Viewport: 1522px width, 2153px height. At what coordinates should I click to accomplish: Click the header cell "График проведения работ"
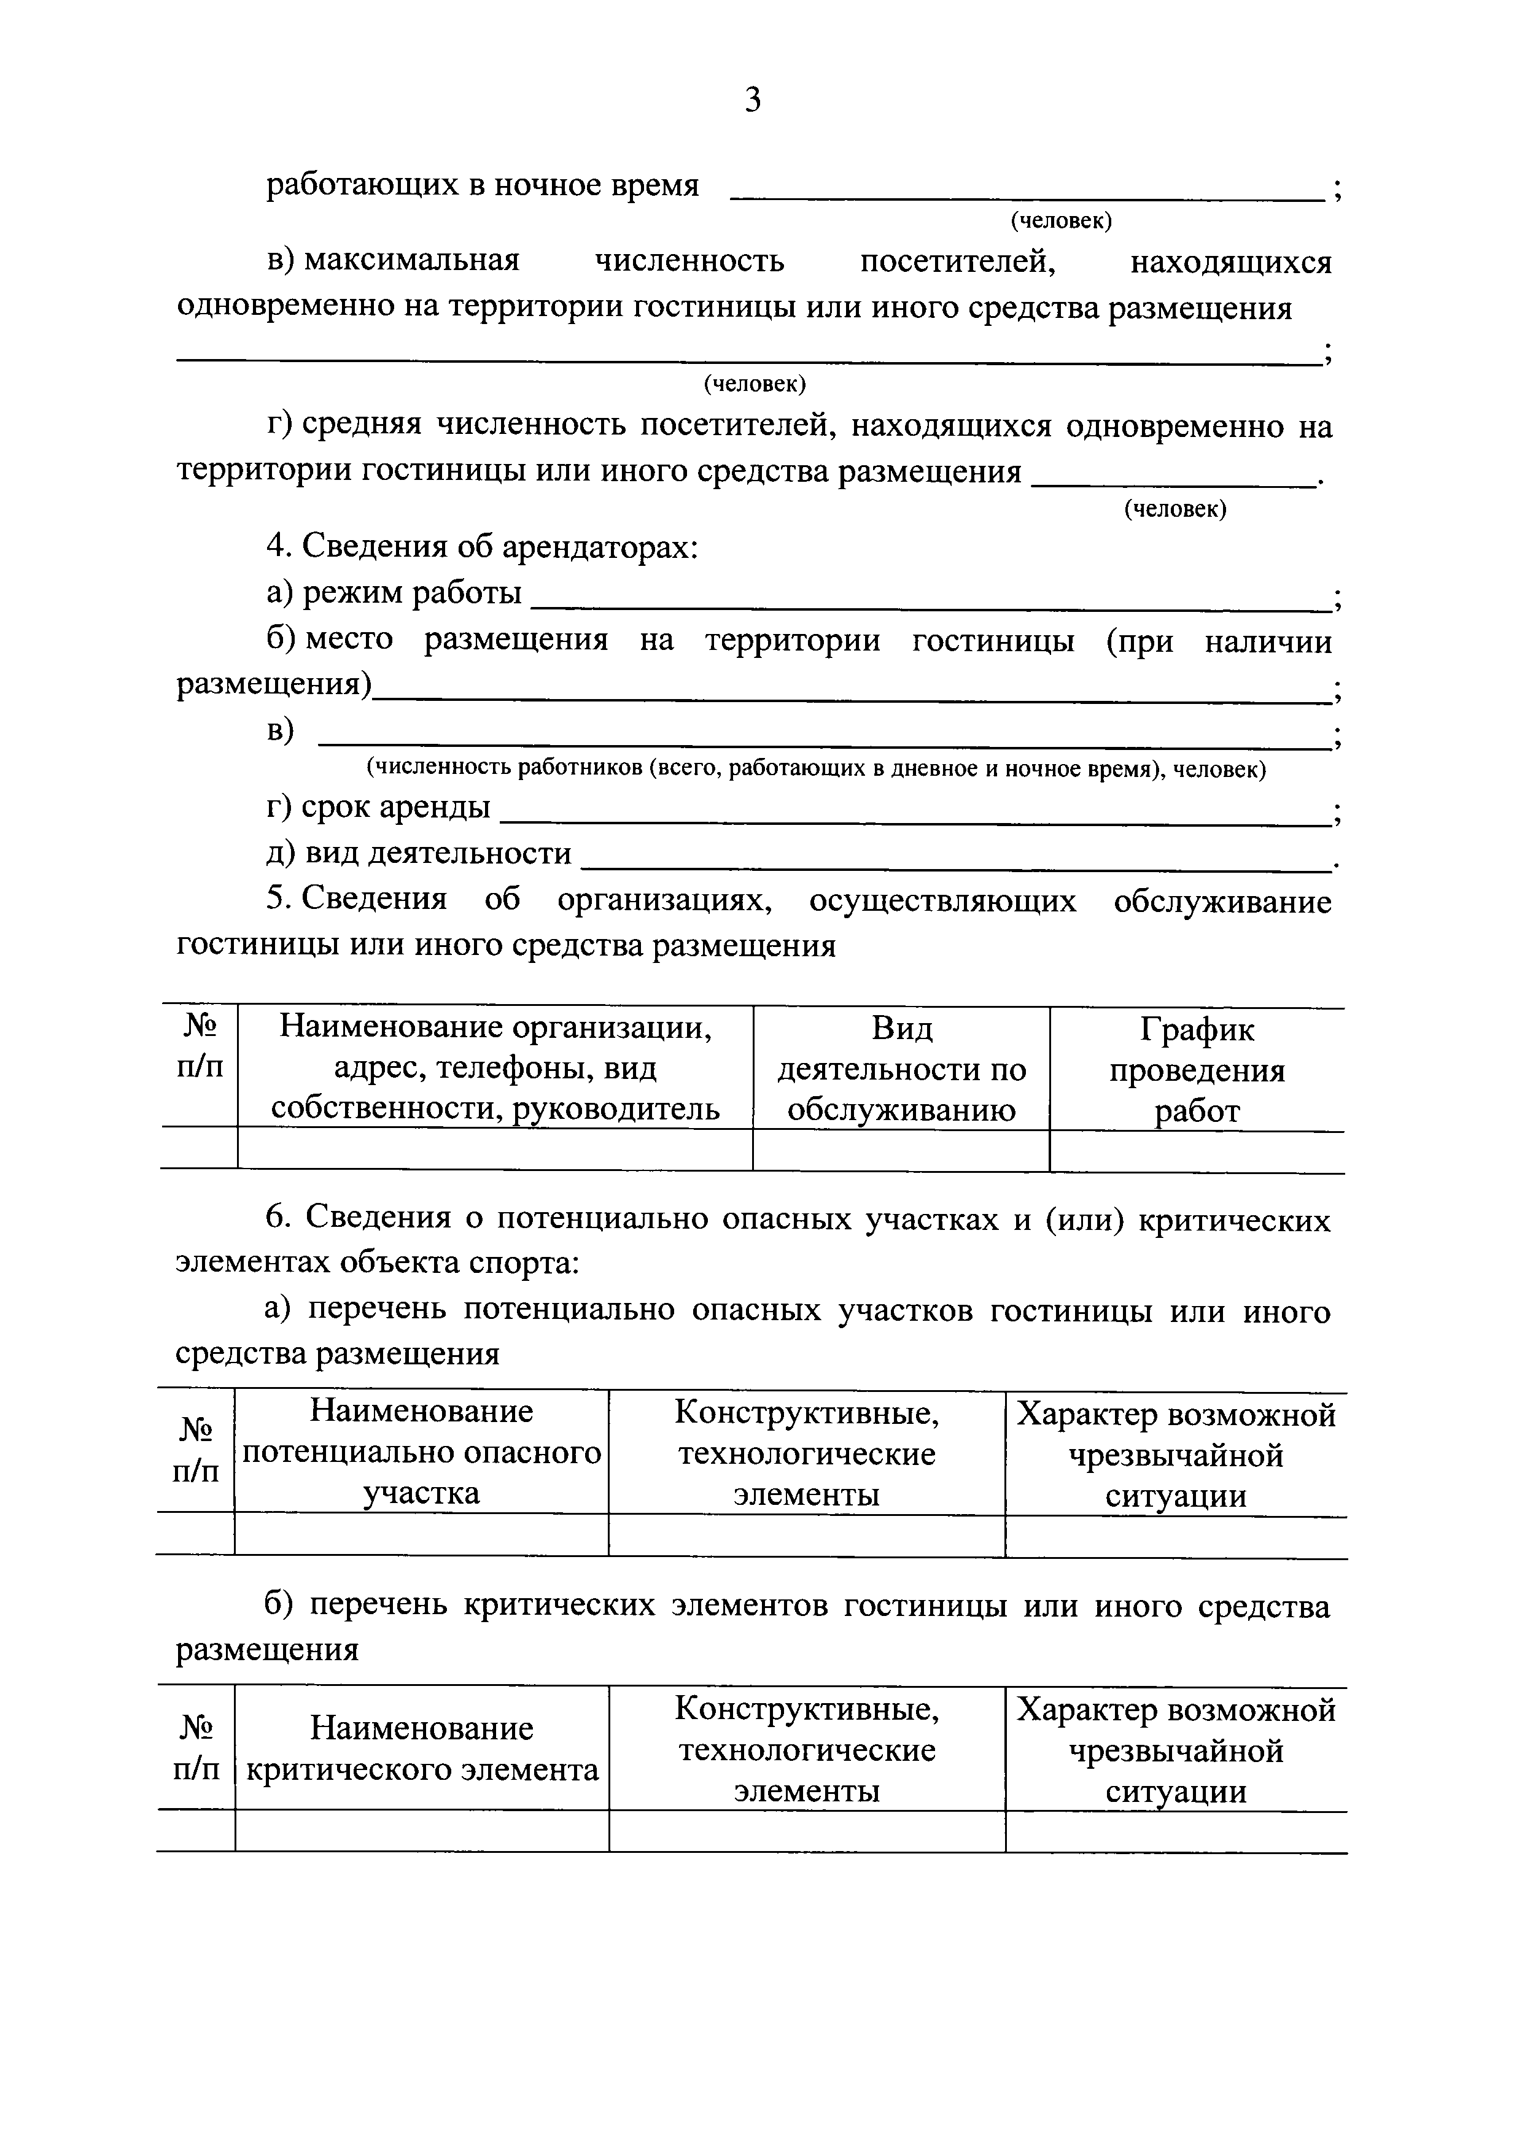(x=1197, y=1070)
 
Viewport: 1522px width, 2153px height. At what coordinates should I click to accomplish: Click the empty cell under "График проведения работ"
(x=1197, y=1151)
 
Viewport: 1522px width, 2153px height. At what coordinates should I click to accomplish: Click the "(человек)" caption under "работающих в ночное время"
(x=1061, y=222)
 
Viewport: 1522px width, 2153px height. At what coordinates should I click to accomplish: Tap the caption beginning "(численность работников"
(x=816, y=770)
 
